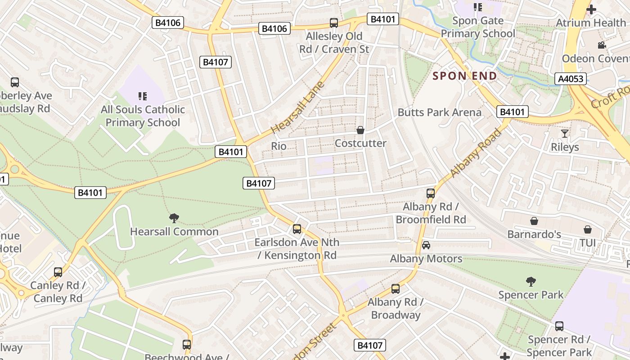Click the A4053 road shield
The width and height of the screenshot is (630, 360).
571,79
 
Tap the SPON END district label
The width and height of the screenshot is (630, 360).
465,76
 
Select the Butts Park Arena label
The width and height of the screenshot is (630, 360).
439,112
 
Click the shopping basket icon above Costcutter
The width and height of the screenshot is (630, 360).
360,130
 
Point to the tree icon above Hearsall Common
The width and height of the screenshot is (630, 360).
174,218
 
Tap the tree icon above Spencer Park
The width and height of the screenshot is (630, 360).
531,282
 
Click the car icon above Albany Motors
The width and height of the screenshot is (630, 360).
426,245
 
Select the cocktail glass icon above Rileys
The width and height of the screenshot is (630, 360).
565,134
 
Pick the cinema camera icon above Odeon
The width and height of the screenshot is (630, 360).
602,45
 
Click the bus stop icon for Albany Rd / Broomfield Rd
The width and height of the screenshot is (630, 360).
431,193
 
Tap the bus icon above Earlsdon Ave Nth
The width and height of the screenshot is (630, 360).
297,229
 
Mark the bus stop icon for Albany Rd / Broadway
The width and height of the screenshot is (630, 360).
396,289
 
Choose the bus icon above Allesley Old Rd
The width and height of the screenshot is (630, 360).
334,23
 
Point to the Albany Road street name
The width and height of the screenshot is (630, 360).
475,153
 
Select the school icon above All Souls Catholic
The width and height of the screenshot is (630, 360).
143,96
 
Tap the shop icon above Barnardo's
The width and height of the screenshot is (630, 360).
534,221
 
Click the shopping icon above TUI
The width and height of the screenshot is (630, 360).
588,229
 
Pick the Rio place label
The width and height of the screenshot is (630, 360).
279,146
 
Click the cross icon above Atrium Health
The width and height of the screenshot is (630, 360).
591,9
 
